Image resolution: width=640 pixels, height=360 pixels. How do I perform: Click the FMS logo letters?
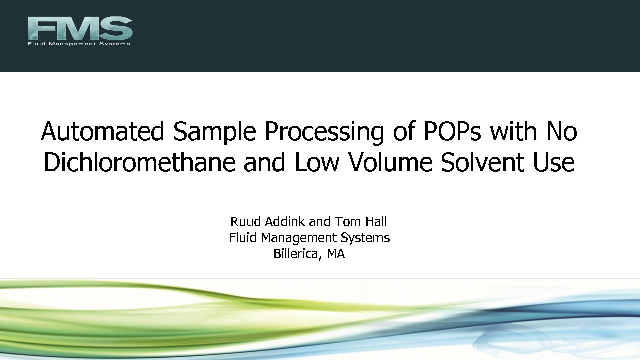80,28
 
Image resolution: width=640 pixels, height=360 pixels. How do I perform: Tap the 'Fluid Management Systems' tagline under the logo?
79,44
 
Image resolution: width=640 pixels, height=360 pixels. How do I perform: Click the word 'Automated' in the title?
103,131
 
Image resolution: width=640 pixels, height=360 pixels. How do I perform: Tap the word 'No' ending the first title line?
562,131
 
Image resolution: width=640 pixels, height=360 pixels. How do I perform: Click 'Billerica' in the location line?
297,254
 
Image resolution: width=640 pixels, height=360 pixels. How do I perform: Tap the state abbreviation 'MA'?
336,254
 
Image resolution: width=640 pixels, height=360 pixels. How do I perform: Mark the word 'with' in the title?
514,131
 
